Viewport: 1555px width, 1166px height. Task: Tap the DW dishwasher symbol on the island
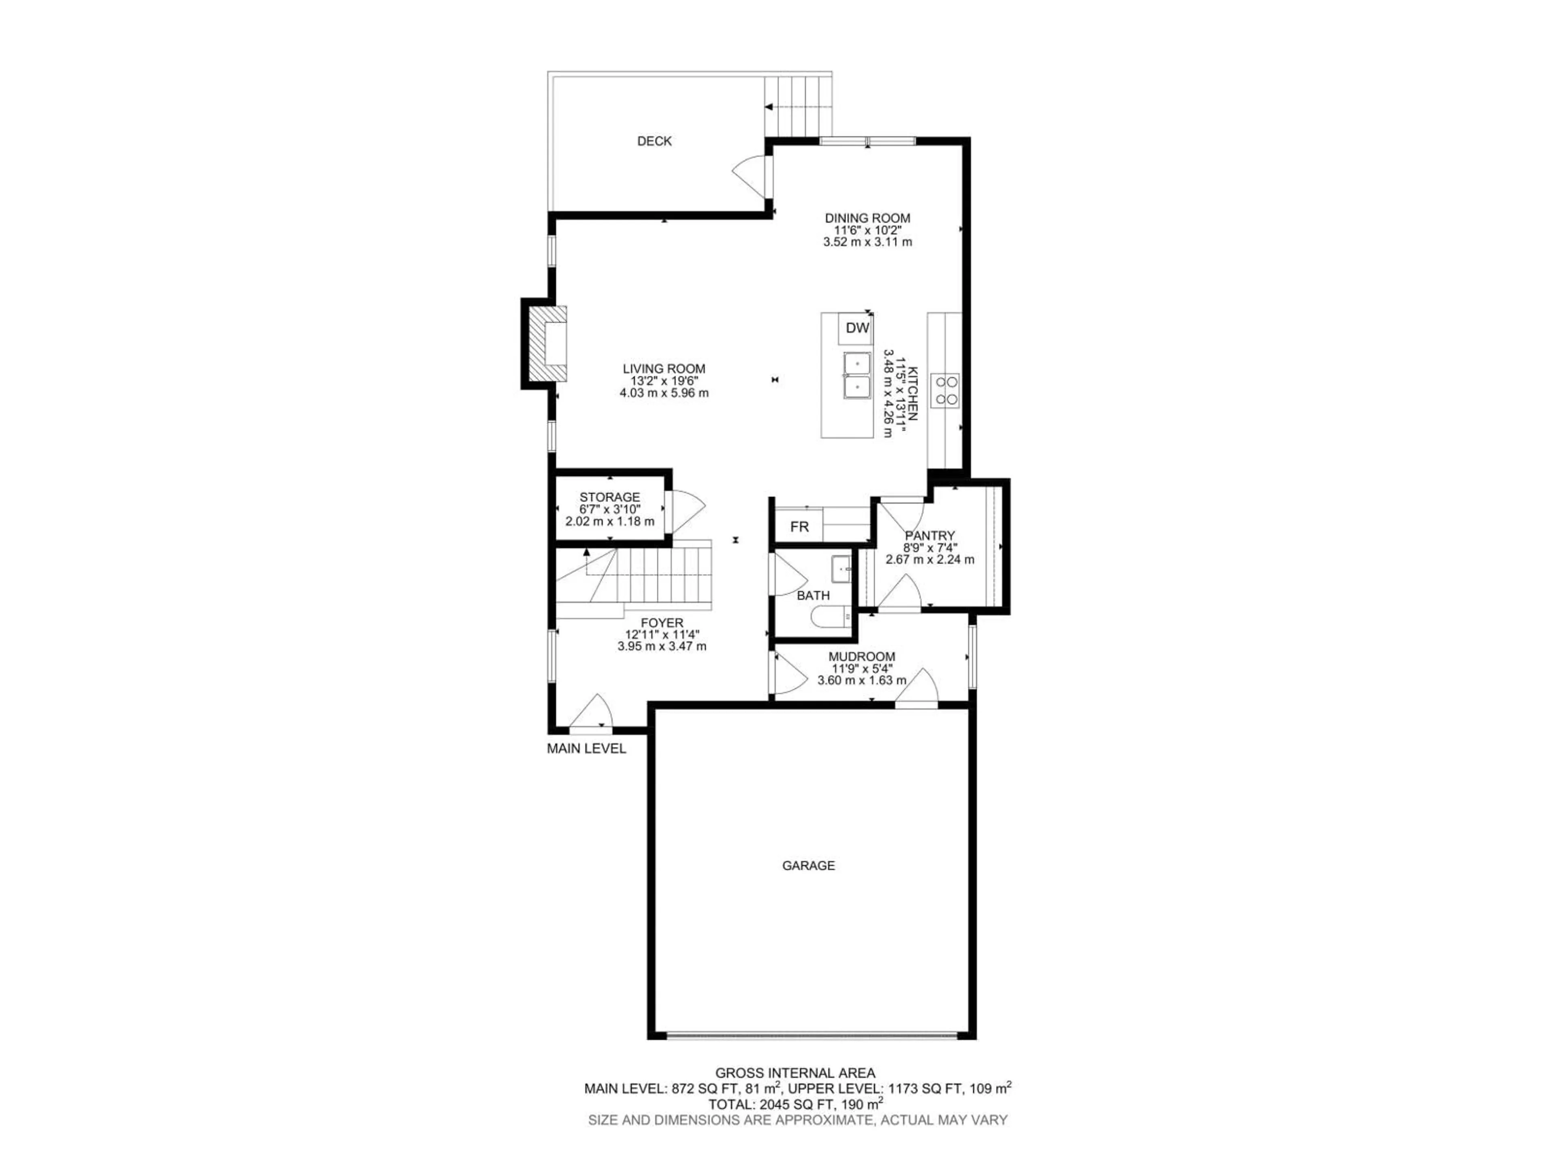click(x=857, y=328)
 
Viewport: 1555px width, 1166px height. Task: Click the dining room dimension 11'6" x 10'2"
click(x=867, y=230)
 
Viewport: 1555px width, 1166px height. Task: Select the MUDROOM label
click(x=861, y=656)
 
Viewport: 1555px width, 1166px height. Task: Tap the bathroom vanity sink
click(x=841, y=569)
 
